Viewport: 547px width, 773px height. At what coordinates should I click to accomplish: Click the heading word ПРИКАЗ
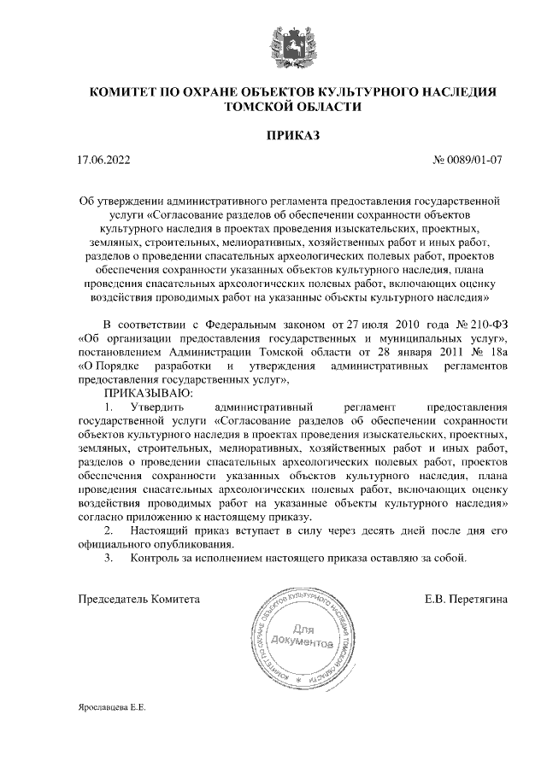point(292,135)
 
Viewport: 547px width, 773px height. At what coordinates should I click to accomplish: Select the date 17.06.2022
point(103,160)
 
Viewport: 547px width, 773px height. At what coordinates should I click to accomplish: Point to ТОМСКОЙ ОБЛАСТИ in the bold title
point(292,107)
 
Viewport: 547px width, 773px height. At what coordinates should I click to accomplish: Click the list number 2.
point(108,531)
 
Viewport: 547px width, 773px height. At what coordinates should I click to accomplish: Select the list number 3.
point(108,559)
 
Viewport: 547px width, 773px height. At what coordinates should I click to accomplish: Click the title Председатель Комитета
point(138,600)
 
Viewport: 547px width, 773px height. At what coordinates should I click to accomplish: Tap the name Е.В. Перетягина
point(466,600)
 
